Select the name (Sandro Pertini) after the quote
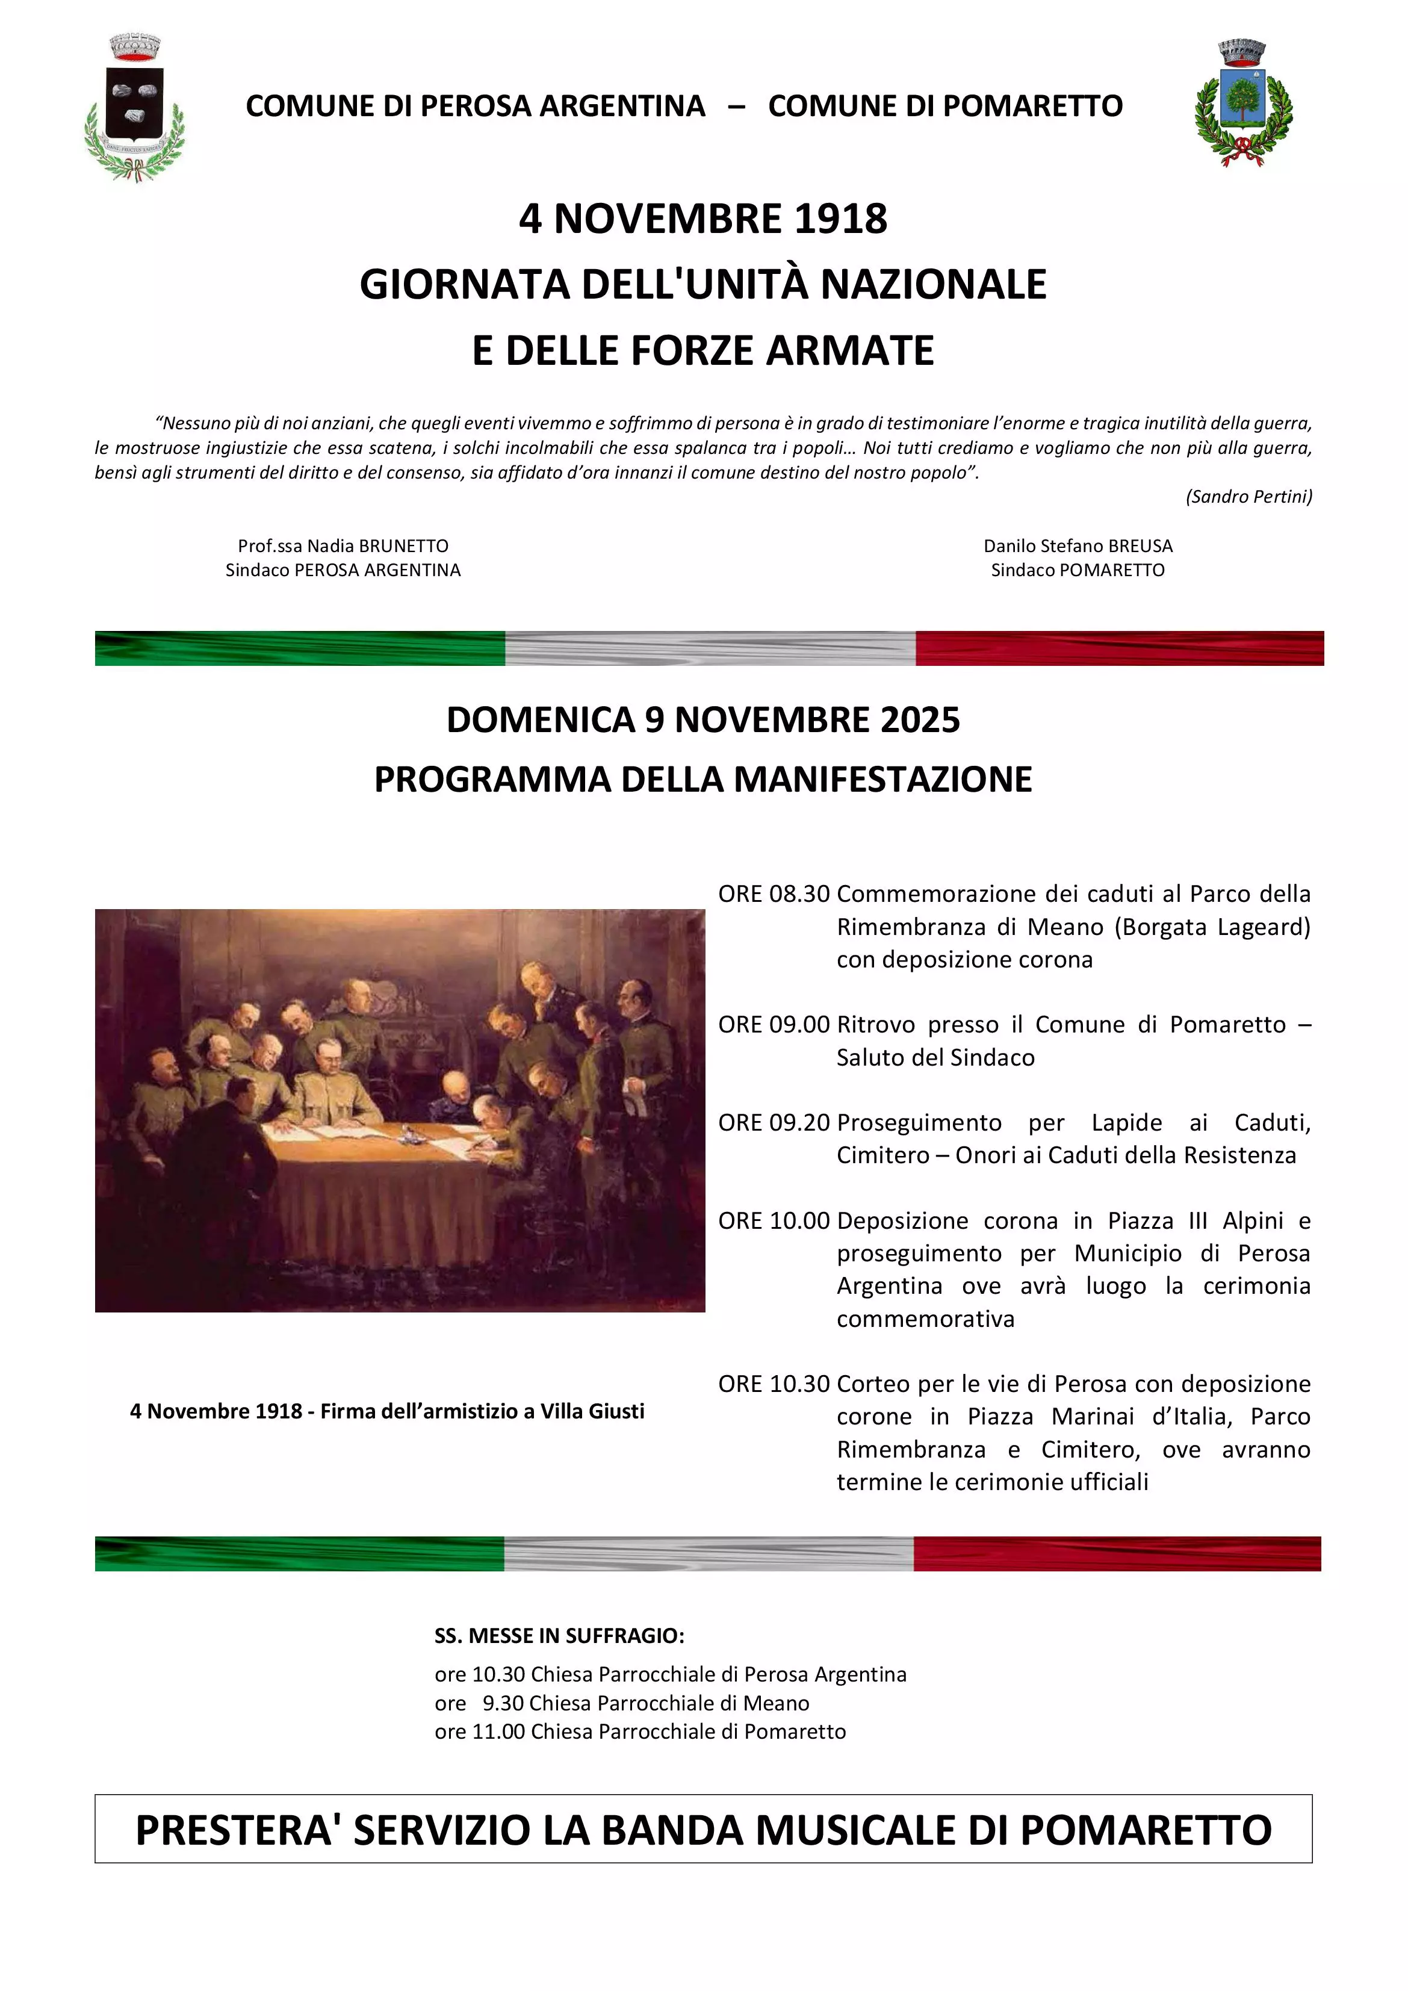pyautogui.click(x=1248, y=497)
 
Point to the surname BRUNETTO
pyautogui.click(x=403, y=546)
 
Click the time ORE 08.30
pyautogui.click(x=774, y=894)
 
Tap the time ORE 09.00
pyautogui.click(x=774, y=1025)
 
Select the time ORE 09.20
pyautogui.click(x=774, y=1123)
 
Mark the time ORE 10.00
pyautogui.click(x=774, y=1221)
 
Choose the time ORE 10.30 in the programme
pyautogui.click(x=774, y=1384)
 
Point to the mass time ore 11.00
pyautogui.click(x=480, y=1732)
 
